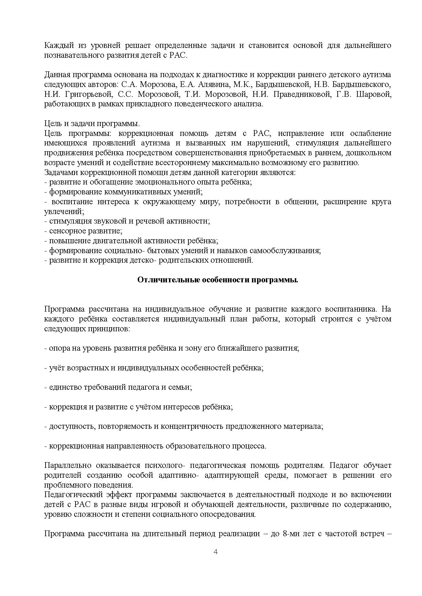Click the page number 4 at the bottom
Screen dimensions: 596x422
tap(215, 551)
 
